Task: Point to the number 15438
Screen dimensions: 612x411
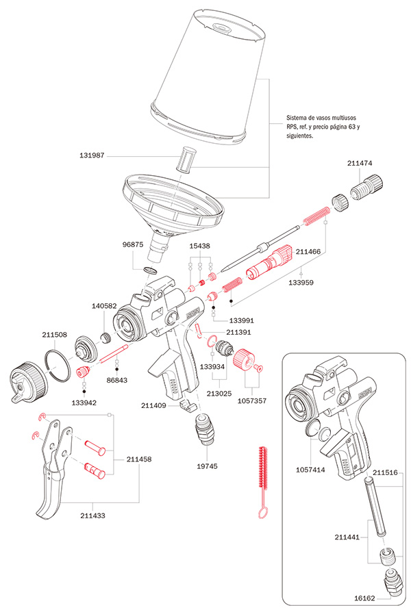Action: pos(199,245)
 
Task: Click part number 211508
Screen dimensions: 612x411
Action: pos(55,335)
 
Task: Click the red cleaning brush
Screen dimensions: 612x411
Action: pos(262,472)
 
